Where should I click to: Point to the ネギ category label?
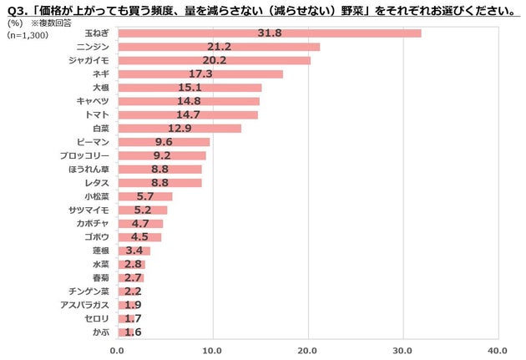click(x=102, y=74)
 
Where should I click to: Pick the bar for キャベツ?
click(x=188, y=101)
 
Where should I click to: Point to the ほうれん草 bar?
click(x=159, y=169)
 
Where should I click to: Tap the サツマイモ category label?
click(x=89, y=210)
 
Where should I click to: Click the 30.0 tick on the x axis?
click(x=403, y=350)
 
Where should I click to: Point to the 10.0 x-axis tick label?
click(x=213, y=350)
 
